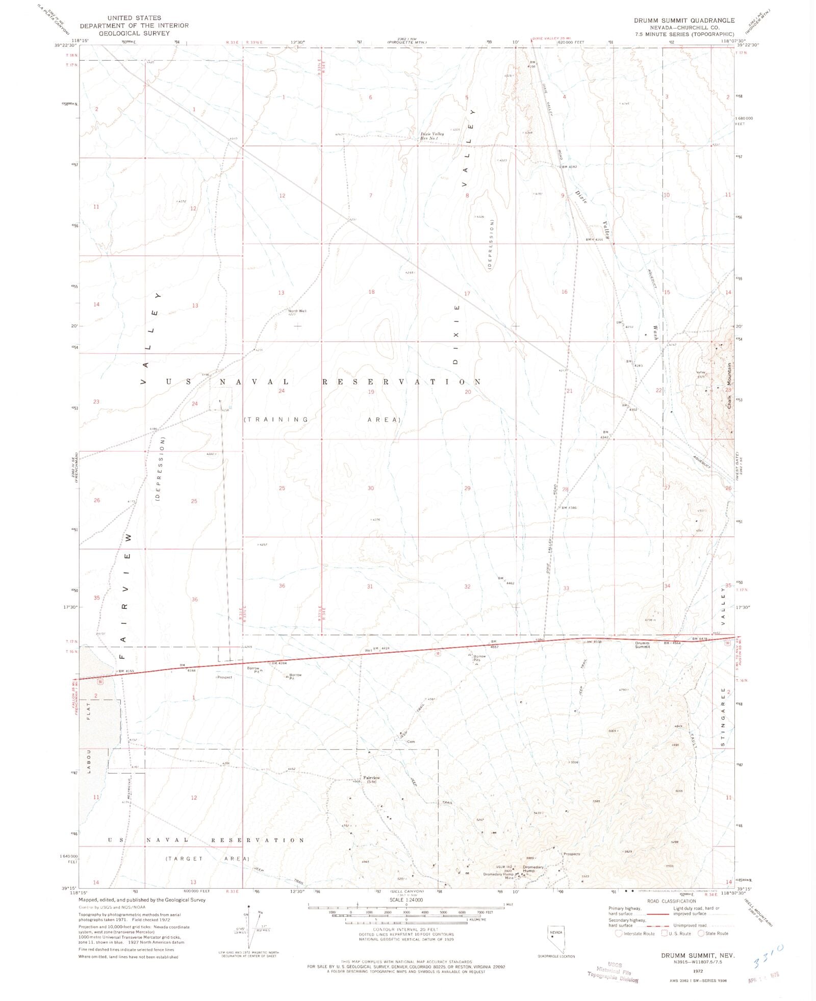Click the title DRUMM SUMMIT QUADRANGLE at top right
pyautogui.click(x=684, y=20)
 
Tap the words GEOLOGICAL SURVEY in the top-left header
pyautogui.click(x=134, y=33)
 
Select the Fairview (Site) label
pyautogui.click(x=370, y=780)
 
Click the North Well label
pyautogui.click(x=297, y=311)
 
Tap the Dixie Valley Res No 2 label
pyautogui.click(x=431, y=136)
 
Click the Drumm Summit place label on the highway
pyautogui.click(x=642, y=645)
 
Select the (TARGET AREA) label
pyautogui.click(x=207, y=859)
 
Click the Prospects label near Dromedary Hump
pyautogui.click(x=572, y=854)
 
